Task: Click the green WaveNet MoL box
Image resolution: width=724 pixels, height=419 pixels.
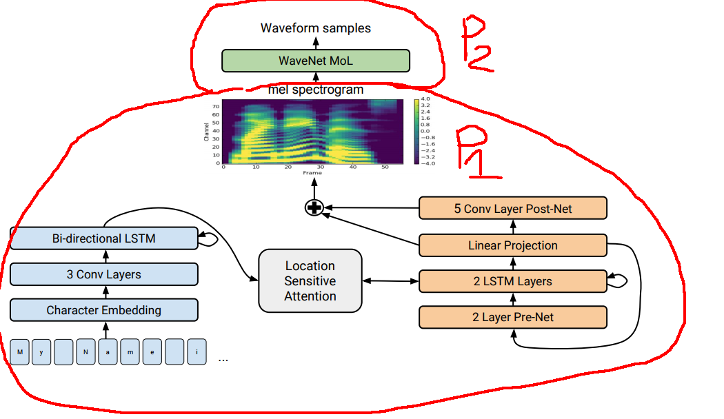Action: point(315,61)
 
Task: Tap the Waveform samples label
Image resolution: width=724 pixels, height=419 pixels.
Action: point(315,28)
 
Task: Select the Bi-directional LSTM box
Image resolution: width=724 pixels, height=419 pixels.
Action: point(103,239)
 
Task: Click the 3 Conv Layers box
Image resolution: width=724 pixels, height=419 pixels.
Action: point(103,274)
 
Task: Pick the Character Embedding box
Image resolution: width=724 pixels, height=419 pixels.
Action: point(103,310)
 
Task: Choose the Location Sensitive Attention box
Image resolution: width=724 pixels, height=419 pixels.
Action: point(310,280)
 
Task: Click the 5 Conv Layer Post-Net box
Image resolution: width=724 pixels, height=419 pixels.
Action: point(513,208)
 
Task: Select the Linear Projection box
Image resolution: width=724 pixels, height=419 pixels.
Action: point(513,245)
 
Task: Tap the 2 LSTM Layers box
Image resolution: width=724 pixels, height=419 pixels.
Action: point(513,281)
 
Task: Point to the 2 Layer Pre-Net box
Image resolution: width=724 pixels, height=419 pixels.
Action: point(513,317)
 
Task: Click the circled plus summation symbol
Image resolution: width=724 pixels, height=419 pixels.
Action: point(314,207)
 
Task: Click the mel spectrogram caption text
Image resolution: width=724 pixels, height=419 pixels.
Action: point(315,90)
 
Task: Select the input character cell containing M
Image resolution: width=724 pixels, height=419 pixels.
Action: point(20,352)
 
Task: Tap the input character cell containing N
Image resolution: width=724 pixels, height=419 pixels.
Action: point(86,352)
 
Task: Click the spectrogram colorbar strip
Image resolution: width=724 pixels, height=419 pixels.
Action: point(416,131)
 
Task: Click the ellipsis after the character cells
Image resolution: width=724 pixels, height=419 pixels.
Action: point(223,359)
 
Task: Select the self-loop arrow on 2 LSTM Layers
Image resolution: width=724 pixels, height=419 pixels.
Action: point(619,280)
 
